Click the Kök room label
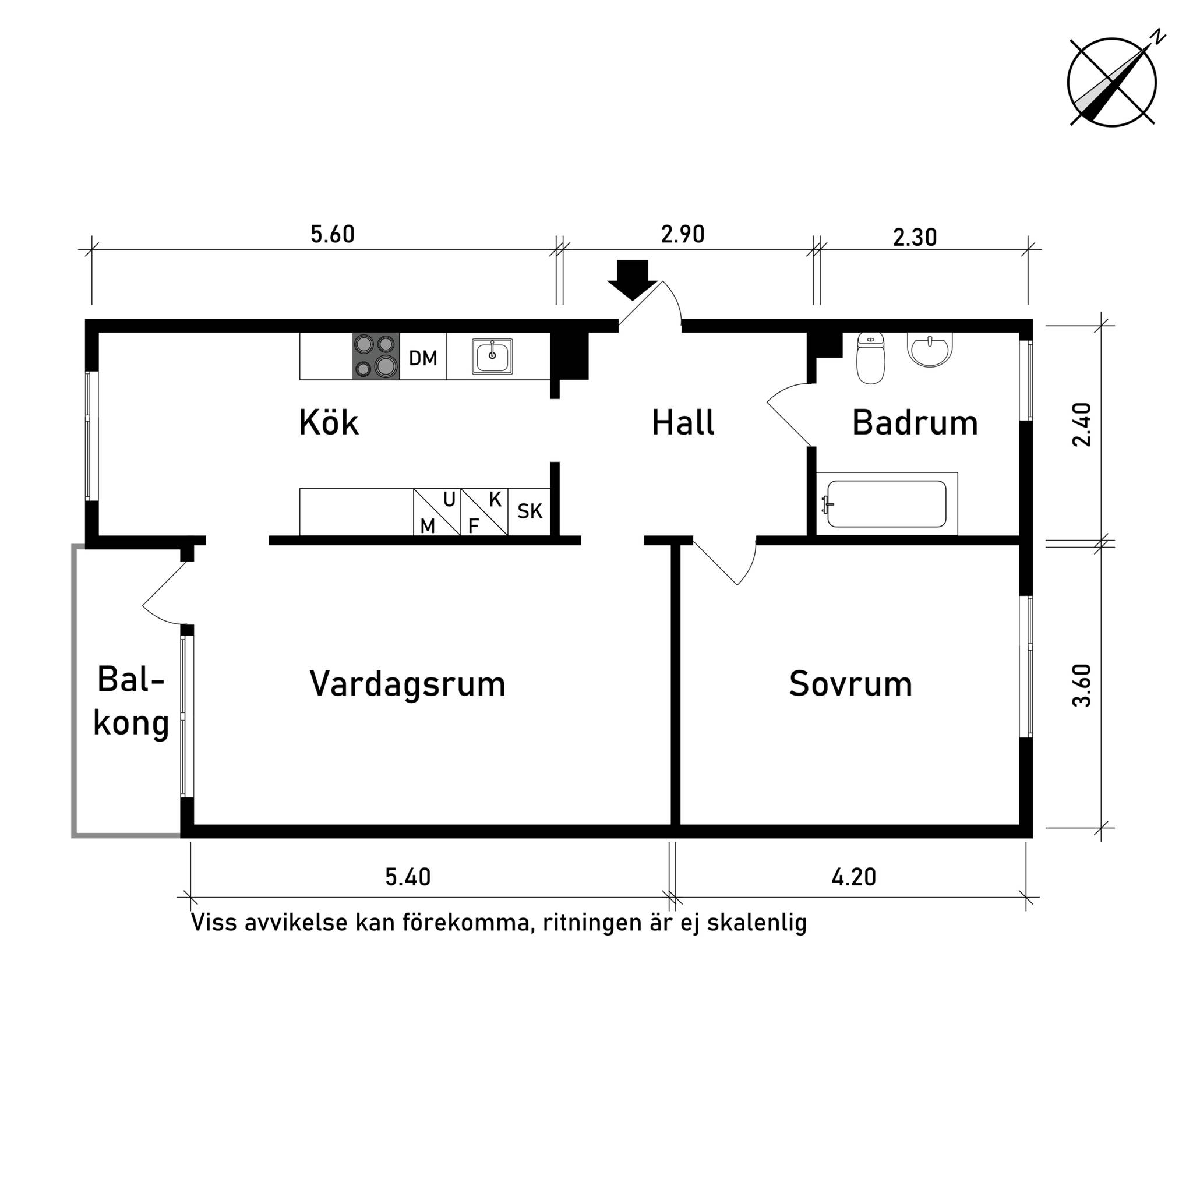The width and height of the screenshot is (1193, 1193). tap(329, 423)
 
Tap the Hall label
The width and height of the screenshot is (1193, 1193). tap(683, 423)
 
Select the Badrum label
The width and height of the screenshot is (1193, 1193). tap(915, 423)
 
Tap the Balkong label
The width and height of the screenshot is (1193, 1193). tap(131, 701)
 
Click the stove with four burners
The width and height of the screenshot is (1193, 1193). tap(376, 357)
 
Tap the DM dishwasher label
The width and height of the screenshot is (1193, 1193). tap(423, 358)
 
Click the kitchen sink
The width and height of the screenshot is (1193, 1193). tap(492, 357)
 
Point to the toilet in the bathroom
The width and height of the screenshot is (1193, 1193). tap(871, 358)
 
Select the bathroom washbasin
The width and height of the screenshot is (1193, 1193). tap(930, 349)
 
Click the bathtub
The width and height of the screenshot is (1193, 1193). tap(887, 504)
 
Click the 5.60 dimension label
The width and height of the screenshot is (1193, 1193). tap(332, 235)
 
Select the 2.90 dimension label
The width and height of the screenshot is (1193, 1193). tap(682, 235)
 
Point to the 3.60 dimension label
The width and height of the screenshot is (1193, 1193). tap(1082, 686)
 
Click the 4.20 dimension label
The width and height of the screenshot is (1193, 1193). tap(853, 877)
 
